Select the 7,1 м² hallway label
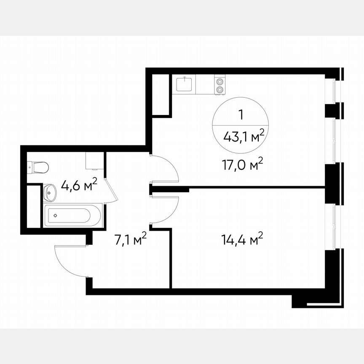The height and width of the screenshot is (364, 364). (x=131, y=240)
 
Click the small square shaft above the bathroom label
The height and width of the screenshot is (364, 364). (x=94, y=161)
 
